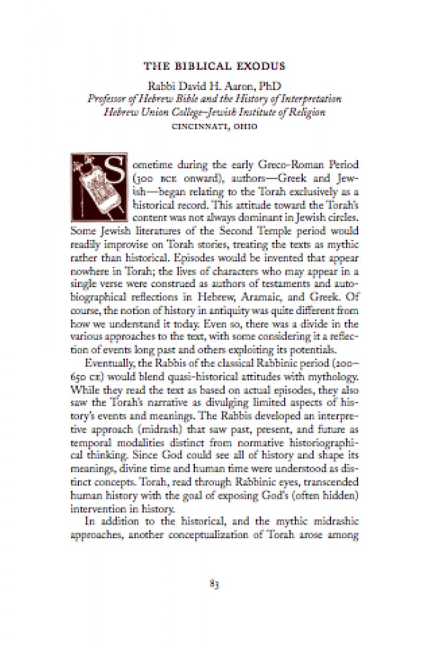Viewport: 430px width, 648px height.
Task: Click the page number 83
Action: [x=214, y=584]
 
